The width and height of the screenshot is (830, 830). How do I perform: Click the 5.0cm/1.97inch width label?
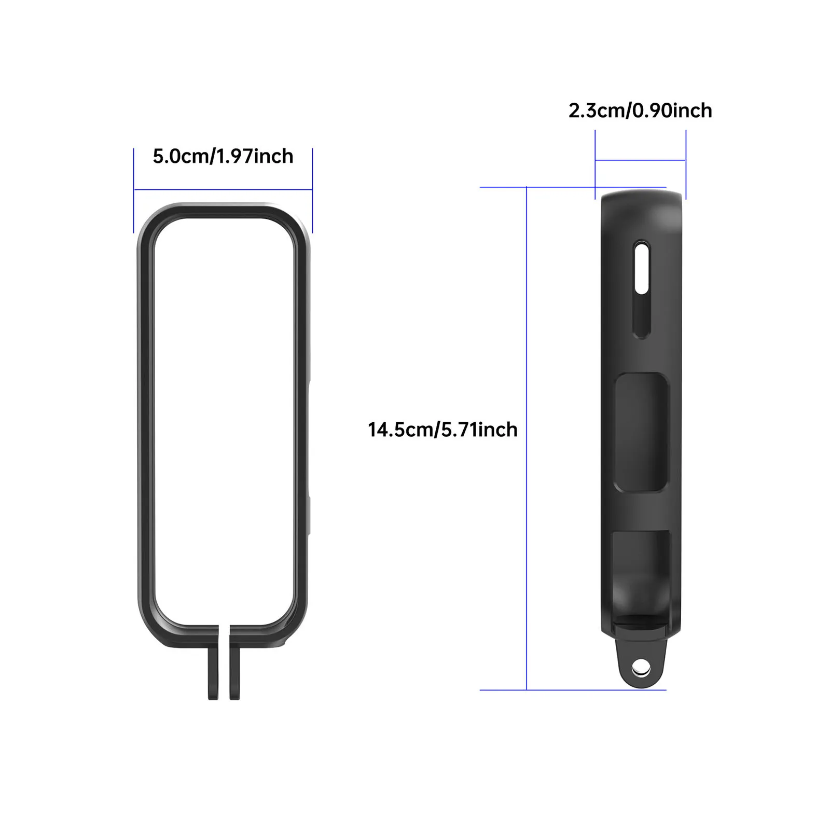tap(223, 156)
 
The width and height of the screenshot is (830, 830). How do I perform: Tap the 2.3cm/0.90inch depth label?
tap(640, 110)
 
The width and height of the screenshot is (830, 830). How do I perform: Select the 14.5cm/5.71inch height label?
tap(442, 430)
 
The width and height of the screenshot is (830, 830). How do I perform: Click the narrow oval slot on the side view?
tap(642, 289)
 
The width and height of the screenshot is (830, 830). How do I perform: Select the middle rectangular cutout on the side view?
tap(641, 432)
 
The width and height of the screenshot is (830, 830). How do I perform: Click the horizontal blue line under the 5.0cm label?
tap(223, 190)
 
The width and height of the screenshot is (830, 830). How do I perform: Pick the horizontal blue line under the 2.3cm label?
tap(640, 160)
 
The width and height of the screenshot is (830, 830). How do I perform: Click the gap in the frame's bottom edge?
tap(224, 635)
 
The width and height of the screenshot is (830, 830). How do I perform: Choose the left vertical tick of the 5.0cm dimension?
tap(134, 190)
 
